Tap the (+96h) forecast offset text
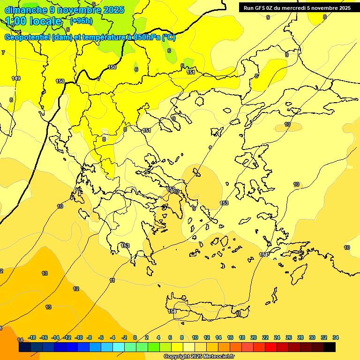(x=81, y=21)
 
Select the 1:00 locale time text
(x=33, y=21)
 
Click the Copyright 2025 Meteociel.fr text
(x=199, y=356)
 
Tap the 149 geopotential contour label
(x=16, y=78)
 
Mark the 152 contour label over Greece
(x=171, y=189)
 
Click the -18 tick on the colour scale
(x=32, y=337)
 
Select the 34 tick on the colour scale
(x=336, y=337)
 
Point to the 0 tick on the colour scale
(x=135, y=337)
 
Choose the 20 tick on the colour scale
(x=254, y=337)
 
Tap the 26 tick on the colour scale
(x=289, y=337)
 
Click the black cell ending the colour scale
(x=330, y=347)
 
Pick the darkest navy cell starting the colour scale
(x=25, y=347)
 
